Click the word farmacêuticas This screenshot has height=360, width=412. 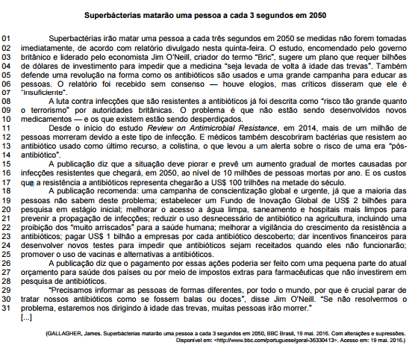coord(308,255)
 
